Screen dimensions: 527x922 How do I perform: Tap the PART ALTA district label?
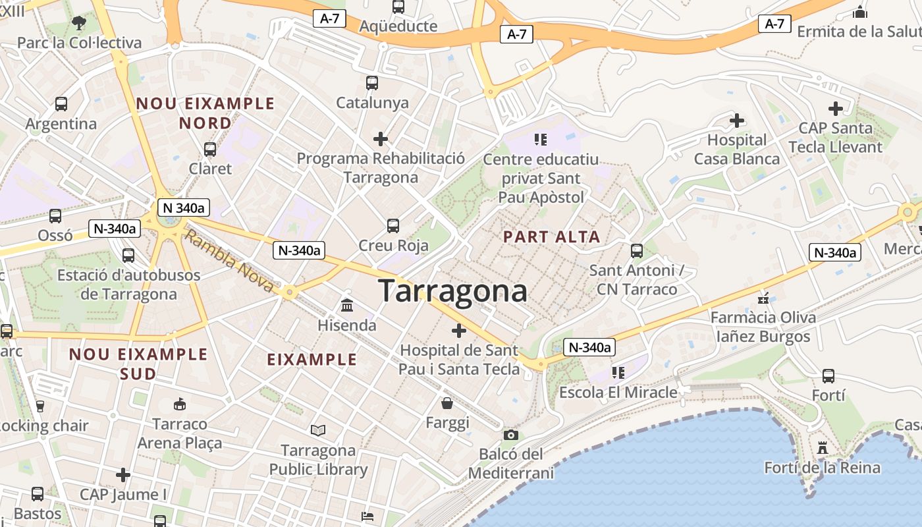pos(551,237)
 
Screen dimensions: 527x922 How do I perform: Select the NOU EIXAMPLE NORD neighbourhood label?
pos(205,113)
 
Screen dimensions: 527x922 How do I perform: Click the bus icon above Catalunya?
pos(372,83)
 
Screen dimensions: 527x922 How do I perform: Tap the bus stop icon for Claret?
pos(210,150)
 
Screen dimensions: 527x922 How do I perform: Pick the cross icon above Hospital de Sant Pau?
pos(459,331)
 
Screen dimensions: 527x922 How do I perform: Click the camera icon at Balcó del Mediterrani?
pos(510,435)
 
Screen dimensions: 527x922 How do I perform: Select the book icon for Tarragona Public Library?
pos(318,431)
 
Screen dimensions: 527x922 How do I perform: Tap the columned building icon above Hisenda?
pos(347,306)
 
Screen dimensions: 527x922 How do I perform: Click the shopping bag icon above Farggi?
pos(447,402)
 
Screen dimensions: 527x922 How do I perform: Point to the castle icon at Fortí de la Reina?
pos(822,448)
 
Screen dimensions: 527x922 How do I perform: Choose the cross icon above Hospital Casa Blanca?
pos(737,121)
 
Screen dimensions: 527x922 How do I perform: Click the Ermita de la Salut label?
pos(859,31)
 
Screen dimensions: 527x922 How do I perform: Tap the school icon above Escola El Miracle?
pos(618,373)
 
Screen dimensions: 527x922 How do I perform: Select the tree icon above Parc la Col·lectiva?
pos(79,23)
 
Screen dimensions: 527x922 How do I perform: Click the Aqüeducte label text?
pos(398,26)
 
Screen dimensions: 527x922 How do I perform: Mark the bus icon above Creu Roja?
pos(393,226)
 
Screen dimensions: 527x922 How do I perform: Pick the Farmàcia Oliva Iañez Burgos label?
pos(763,327)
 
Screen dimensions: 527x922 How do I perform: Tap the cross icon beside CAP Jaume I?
pos(123,475)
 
